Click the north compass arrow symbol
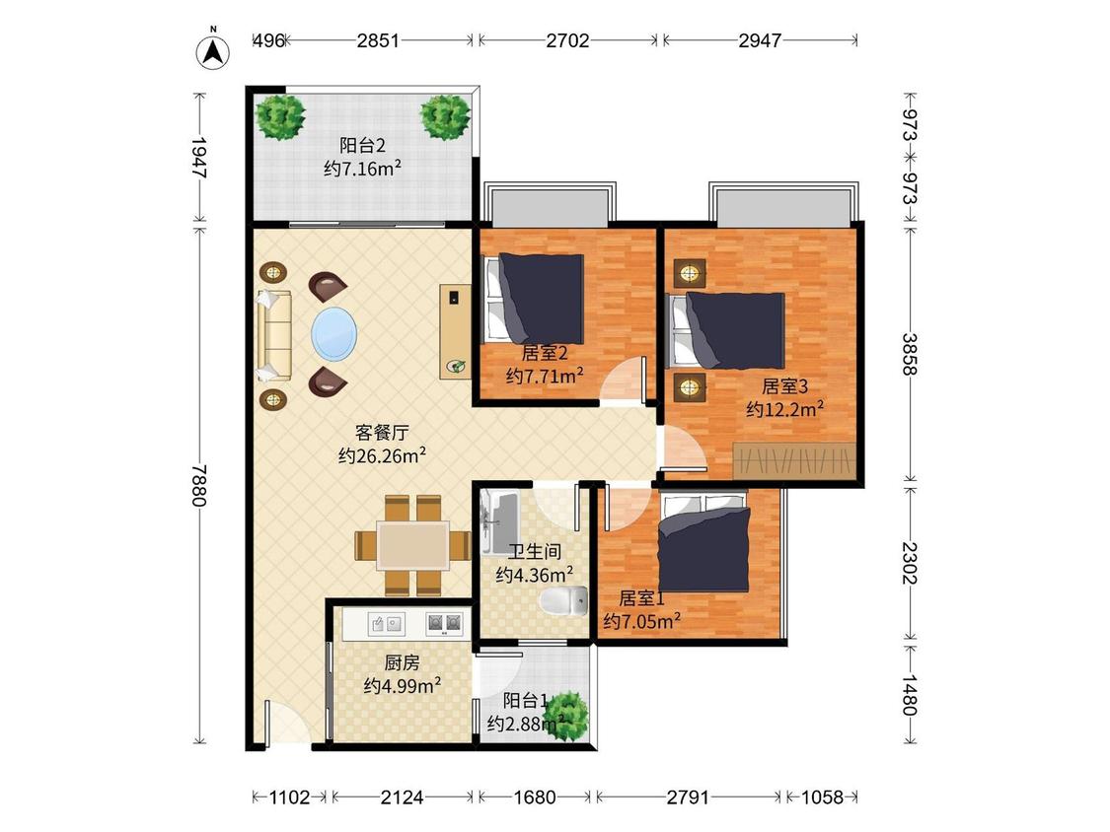pyautogui.click(x=213, y=50)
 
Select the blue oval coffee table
pyautogui.click(x=334, y=333)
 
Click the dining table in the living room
pyautogui.click(x=412, y=545)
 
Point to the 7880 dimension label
pyautogui.click(x=199, y=485)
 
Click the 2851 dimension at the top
pyautogui.click(x=378, y=40)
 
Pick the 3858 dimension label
pyautogui.click(x=910, y=354)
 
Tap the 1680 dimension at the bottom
pyautogui.click(x=535, y=797)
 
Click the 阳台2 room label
pyautogui.click(x=362, y=146)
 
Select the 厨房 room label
pyautogui.click(x=403, y=662)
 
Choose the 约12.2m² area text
pyautogui.click(x=784, y=409)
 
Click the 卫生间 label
pyautogui.click(x=535, y=551)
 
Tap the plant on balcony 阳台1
pyautogui.click(x=566, y=716)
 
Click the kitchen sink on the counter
pyautogui.click(x=387, y=623)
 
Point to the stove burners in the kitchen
pyautogui.click(x=444, y=623)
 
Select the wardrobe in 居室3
pyautogui.click(x=794, y=459)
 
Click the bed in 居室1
pyautogui.click(x=703, y=542)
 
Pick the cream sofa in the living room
pyautogui.click(x=274, y=336)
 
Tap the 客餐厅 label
pyautogui.click(x=382, y=433)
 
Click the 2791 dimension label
pyautogui.click(x=688, y=797)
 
